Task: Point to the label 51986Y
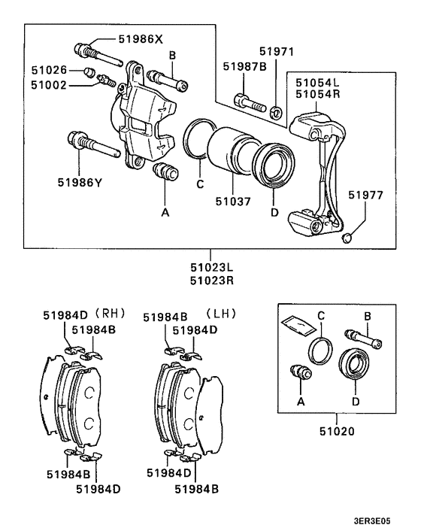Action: pos(79,181)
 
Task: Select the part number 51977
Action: pos(365,195)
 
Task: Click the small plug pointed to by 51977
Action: pos(346,238)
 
